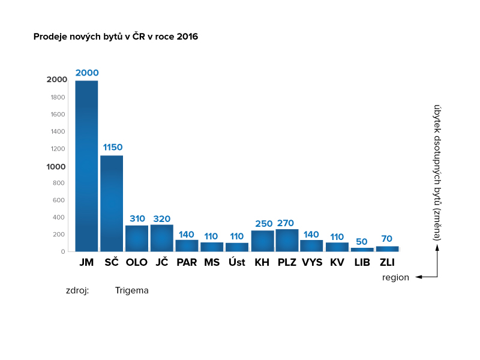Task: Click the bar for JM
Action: click(86, 166)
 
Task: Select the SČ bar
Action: click(112, 203)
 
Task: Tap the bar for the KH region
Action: click(263, 241)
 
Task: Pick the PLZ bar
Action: click(287, 241)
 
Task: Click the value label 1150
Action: click(113, 147)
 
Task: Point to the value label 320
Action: click(161, 219)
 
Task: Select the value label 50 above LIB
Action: click(362, 242)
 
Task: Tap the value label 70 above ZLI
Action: click(386, 238)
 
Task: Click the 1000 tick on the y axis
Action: click(56, 167)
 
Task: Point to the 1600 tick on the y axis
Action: click(58, 115)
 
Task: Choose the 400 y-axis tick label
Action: click(58, 217)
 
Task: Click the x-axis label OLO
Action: click(137, 262)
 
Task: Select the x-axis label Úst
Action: click(237, 262)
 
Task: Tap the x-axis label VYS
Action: click(312, 262)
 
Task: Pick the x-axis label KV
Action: click(337, 262)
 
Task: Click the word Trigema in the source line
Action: click(131, 290)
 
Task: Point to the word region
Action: click(395, 277)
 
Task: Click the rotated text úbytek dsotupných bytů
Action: click(437, 156)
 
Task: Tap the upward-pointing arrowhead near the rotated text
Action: click(437, 248)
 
